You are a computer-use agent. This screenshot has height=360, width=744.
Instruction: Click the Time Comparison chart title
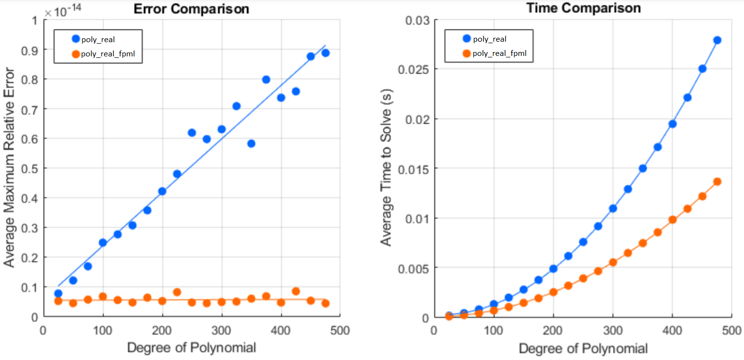click(583, 8)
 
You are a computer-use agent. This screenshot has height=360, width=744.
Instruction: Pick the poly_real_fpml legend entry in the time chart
click(499, 53)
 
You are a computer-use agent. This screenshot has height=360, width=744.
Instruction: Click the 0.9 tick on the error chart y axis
click(30, 50)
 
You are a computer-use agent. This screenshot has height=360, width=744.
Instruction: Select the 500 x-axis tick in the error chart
click(340, 330)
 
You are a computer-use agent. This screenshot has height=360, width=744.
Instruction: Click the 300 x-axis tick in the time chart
click(612, 330)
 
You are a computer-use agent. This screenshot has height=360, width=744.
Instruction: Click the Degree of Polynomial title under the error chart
click(191, 348)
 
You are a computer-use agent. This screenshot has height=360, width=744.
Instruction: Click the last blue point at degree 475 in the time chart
click(717, 40)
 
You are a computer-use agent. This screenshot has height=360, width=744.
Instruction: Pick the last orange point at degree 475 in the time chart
click(717, 181)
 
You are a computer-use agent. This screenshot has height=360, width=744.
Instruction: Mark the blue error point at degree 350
click(251, 144)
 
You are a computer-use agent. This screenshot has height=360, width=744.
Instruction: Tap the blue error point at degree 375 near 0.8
click(266, 79)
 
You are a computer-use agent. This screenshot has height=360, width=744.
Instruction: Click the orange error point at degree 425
click(295, 291)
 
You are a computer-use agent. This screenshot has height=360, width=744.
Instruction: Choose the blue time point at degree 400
click(672, 124)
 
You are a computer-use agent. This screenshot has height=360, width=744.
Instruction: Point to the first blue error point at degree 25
click(58, 293)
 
